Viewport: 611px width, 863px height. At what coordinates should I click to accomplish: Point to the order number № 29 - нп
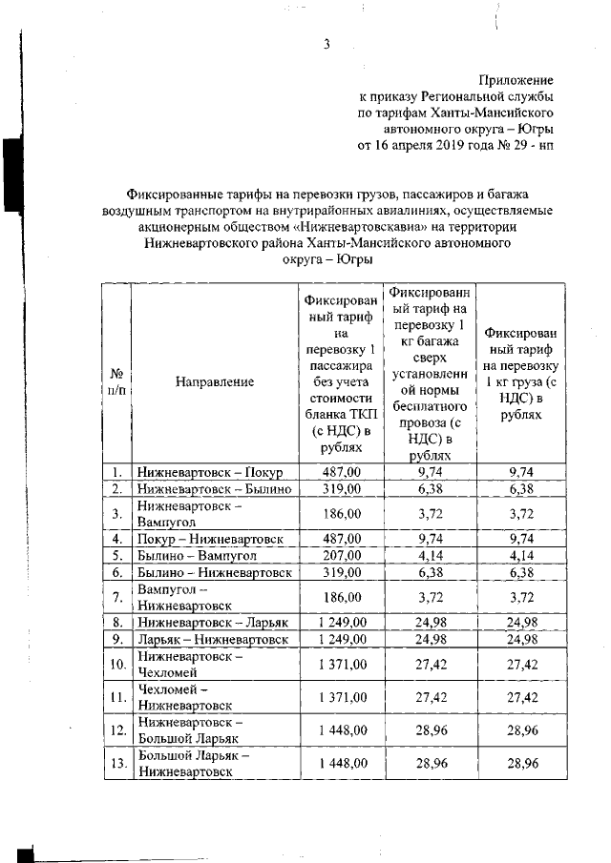[x=516, y=146]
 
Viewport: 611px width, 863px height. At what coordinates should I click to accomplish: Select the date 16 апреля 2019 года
[x=428, y=146]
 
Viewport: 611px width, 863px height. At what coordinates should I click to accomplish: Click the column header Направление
[x=215, y=381]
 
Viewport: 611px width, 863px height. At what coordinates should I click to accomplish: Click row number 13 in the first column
[x=116, y=764]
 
